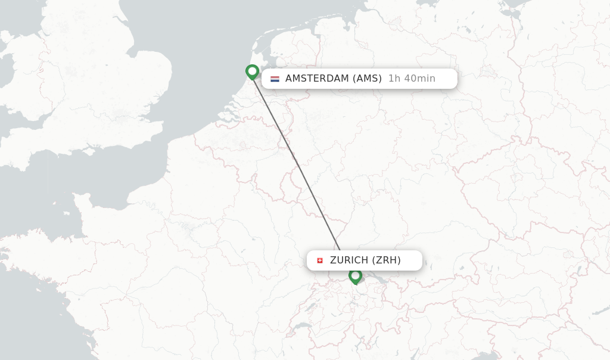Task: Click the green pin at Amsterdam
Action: pos(252,72)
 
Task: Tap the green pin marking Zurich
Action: pos(355,275)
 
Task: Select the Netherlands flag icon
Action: pos(275,79)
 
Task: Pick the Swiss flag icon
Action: pos(320,260)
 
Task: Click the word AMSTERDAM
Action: pos(316,79)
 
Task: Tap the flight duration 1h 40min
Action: pos(412,79)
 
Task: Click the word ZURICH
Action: pos(349,260)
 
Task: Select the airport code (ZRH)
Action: pos(387,260)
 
